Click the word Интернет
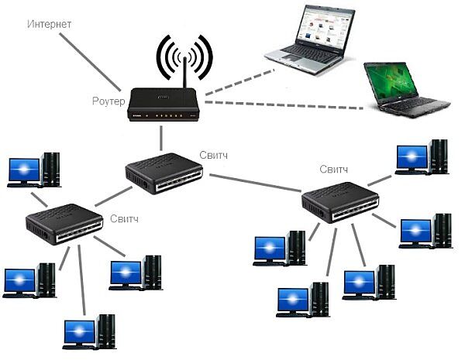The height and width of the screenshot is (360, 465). tap(50, 24)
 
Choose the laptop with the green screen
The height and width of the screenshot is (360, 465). tap(405, 89)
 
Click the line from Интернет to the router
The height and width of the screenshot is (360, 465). tap(89, 61)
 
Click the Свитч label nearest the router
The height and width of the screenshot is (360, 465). tap(214, 154)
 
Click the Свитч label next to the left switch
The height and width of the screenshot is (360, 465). tap(125, 220)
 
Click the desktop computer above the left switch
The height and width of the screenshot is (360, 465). tap(35, 170)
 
